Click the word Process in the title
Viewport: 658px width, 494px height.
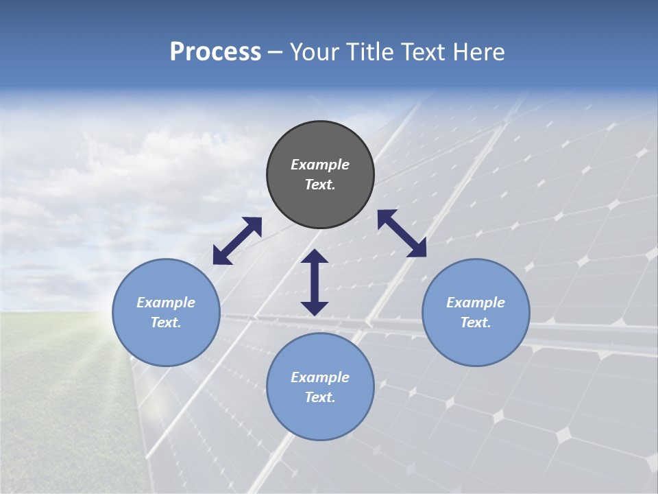(x=215, y=52)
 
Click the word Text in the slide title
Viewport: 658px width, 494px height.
(x=422, y=52)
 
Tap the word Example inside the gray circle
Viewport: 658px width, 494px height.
(x=320, y=165)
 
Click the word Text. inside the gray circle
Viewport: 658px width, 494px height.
(x=320, y=185)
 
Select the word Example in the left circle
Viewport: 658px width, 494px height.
(x=166, y=303)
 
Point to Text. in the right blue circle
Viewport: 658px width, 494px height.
(x=476, y=322)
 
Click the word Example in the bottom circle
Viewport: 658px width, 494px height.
(x=320, y=377)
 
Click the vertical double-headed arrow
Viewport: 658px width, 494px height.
(x=315, y=282)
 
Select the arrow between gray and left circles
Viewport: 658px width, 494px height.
(x=237, y=241)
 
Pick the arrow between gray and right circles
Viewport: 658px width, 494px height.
(x=402, y=233)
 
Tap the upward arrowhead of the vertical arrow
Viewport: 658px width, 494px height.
(x=315, y=256)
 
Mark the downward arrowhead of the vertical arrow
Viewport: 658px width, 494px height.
(x=315, y=308)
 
